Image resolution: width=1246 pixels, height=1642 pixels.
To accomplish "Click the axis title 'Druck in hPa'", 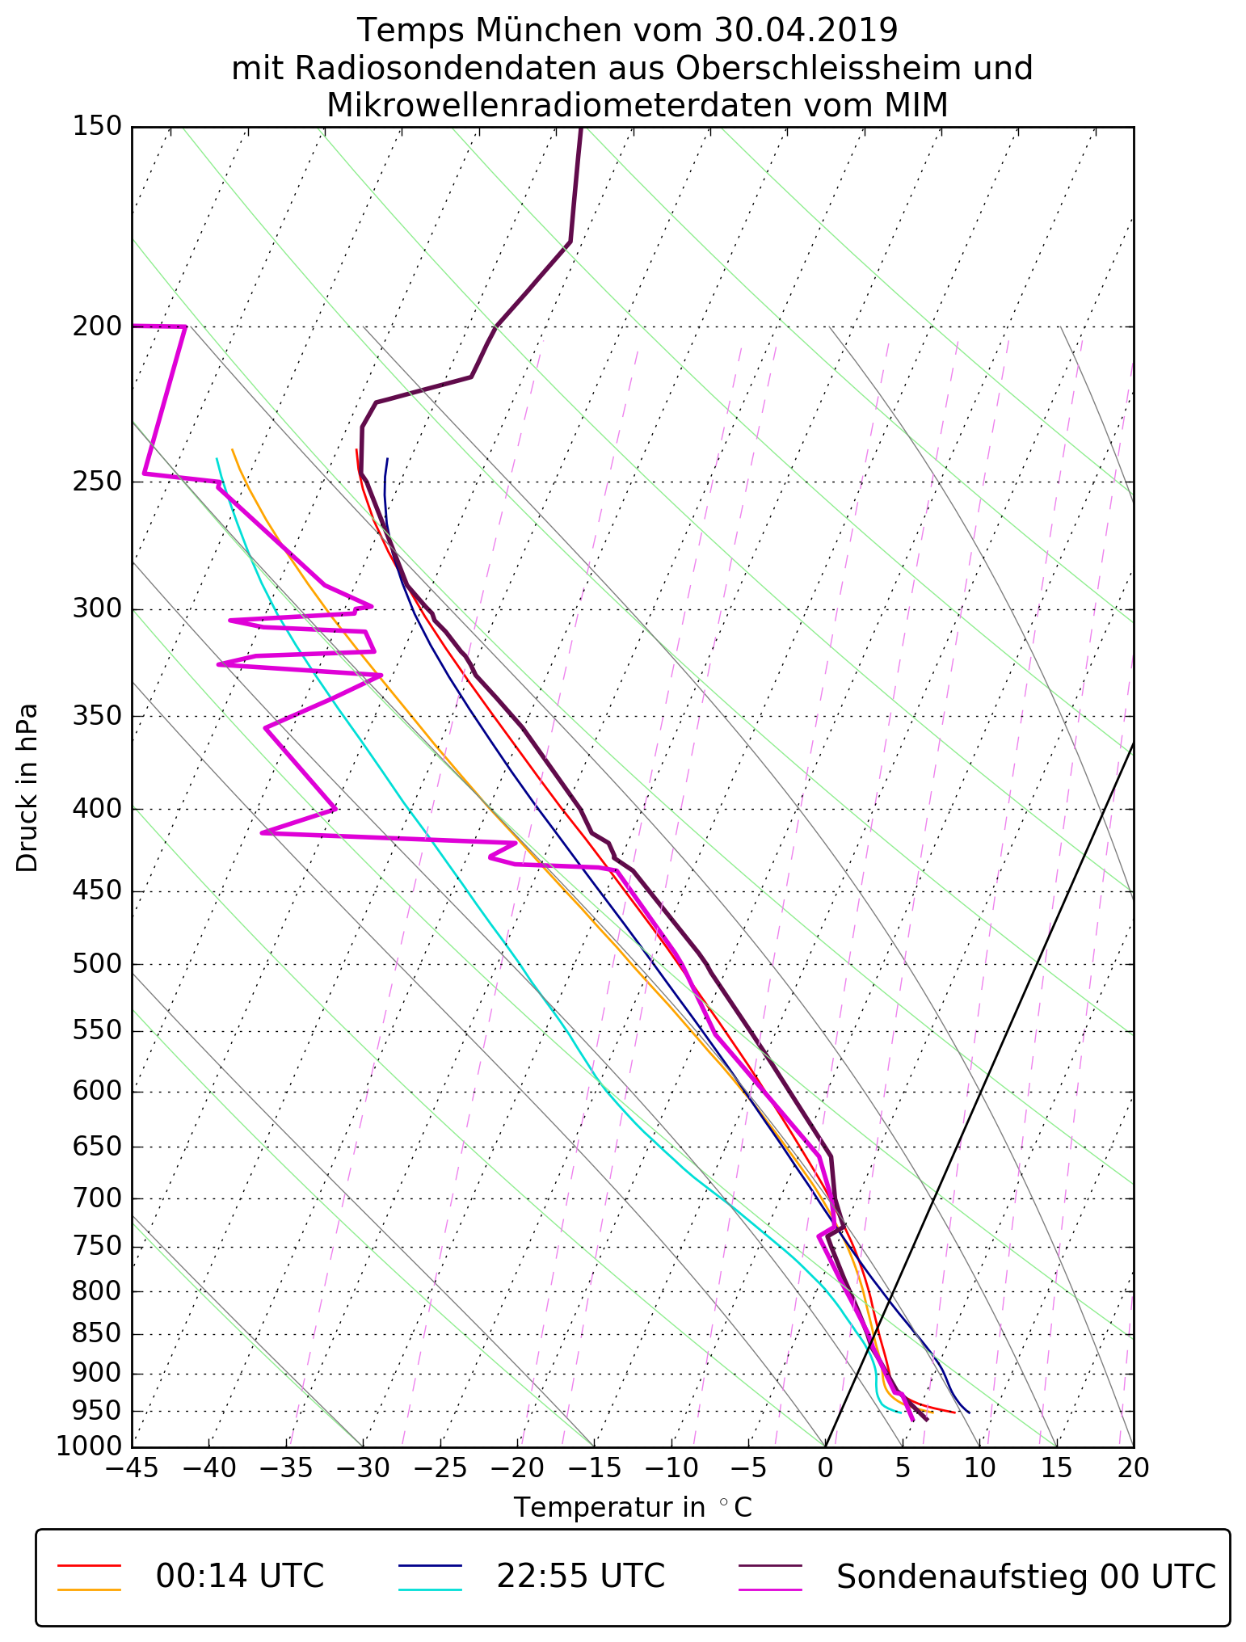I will point(27,788).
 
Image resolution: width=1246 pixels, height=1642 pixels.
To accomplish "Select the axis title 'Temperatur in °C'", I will point(633,1508).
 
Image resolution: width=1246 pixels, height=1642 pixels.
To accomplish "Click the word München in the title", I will point(553,31).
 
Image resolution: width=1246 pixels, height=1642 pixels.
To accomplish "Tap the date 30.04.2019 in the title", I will point(806,31).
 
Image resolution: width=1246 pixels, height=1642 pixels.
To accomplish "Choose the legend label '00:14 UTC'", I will point(240,1576).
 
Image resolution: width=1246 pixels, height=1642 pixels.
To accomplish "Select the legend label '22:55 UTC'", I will point(580,1576).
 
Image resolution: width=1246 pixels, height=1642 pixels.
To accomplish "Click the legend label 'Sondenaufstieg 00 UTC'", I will point(1026,1576).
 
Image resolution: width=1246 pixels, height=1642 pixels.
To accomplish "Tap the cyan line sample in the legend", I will point(430,1589).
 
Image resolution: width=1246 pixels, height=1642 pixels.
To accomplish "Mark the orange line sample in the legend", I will point(89,1589).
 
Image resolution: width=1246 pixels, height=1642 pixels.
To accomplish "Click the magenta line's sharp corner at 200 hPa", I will point(186,326).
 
